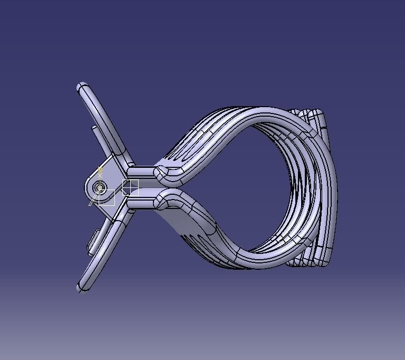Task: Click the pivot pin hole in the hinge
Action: tap(100, 187)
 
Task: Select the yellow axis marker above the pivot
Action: tap(100, 171)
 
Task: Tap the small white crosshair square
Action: tap(130, 187)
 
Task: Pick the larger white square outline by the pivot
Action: tap(107, 197)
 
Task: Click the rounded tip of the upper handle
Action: tap(82, 87)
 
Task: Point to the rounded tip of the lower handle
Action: tap(82, 288)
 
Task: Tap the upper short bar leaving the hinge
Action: tap(141, 172)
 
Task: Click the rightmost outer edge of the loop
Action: tap(335, 190)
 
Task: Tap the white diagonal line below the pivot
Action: tap(93, 200)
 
